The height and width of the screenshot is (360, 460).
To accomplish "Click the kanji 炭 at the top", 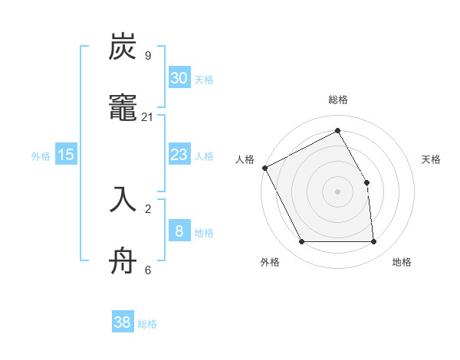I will tap(123, 47).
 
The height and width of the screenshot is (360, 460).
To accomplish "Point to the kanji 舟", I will tap(123, 260).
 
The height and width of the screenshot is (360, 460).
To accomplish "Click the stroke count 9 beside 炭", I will tap(147, 55).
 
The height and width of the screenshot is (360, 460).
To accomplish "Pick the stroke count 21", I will tap(147, 116).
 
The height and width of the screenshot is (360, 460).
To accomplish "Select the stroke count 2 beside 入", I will tap(147, 208).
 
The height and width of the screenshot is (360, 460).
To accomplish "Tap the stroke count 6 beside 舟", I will tap(147, 269).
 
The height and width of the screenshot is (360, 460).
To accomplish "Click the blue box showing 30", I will tap(179, 77).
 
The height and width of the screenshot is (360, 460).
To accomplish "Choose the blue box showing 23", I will tap(179, 155).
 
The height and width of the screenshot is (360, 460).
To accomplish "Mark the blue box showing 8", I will tap(179, 231).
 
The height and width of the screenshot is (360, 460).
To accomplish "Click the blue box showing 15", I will tap(66, 155).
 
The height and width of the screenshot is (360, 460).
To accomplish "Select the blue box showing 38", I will tap(123, 322).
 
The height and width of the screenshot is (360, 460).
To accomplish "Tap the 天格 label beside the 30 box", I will tap(204, 79).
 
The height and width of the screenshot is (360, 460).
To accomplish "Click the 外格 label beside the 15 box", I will tap(41, 156).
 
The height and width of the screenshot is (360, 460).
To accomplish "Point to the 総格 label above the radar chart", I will tap(338, 100).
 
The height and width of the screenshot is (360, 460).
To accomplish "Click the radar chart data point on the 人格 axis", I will tap(265, 168).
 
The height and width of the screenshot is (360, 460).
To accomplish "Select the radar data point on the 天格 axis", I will tap(366, 182).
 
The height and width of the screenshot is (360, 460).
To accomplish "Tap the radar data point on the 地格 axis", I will tap(373, 242).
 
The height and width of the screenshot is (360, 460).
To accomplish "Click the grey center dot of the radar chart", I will tap(338, 191).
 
